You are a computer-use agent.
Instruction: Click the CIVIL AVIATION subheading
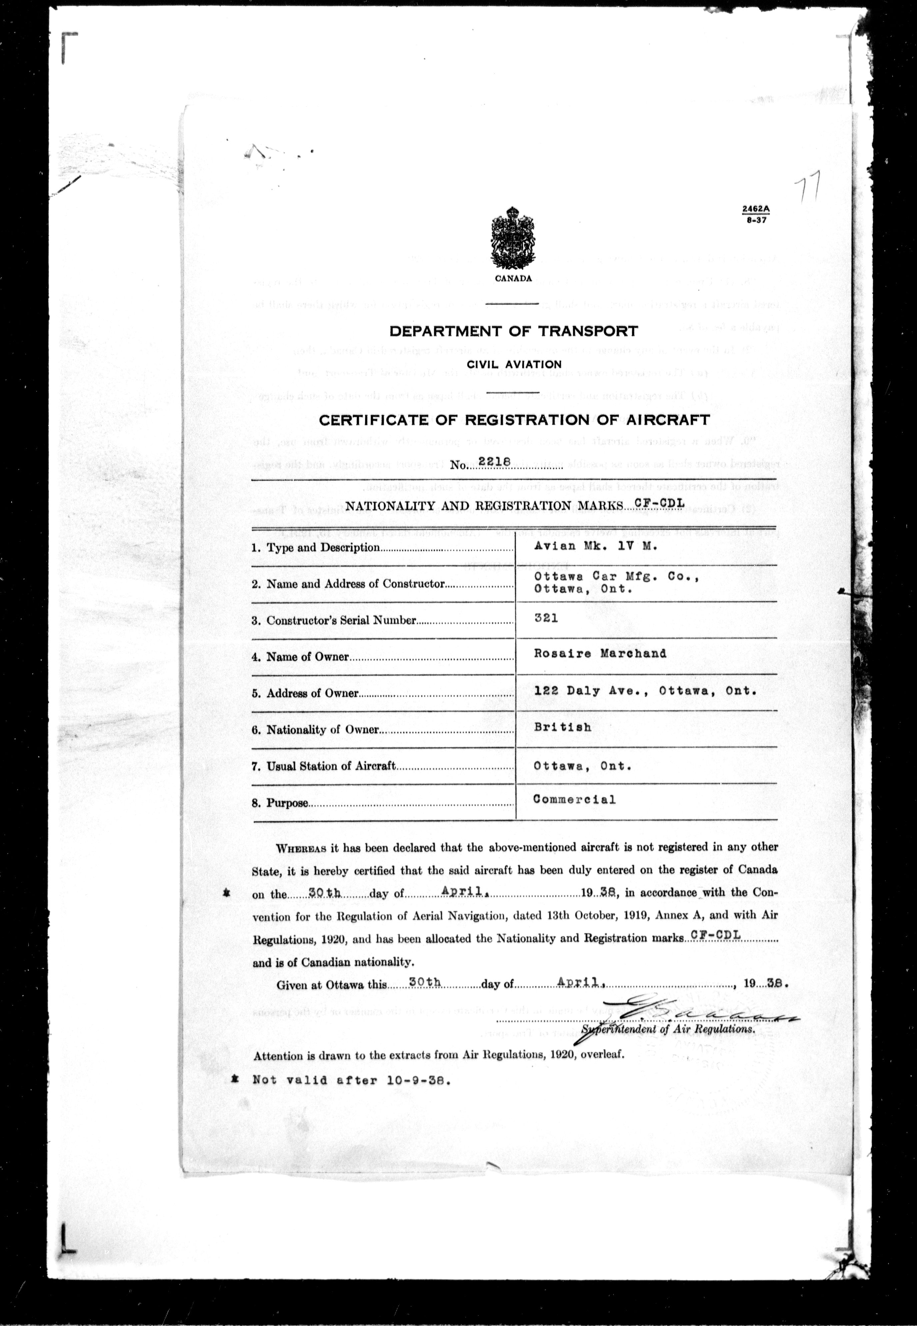[x=514, y=364]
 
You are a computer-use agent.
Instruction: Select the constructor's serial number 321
[x=546, y=618]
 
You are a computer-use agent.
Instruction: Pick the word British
[x=562, y=727]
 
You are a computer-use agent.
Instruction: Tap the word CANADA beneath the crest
[x=513, y=279]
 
